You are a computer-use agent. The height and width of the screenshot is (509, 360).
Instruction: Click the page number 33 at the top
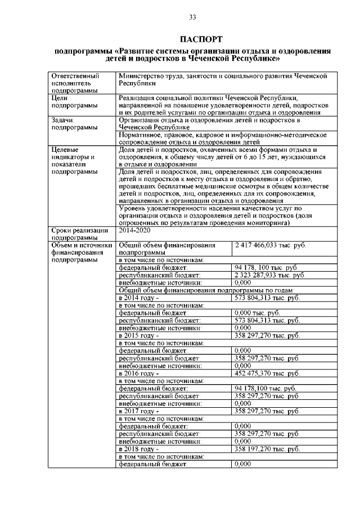pyautogui.click(x=192, y=17)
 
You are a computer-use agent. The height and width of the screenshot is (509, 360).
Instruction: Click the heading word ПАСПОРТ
pyautogui.click(x=192, y=39)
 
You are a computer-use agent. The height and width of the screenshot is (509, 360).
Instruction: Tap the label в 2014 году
pyautogui.click(x=139, y=297)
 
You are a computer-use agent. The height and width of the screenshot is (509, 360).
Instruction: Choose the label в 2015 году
pyautogui.click(x=139, y=335)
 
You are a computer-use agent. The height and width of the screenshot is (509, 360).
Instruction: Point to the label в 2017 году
pyautogui.click(x=139, y=412)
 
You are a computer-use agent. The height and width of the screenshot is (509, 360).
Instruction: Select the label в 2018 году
pyautogui.click(x=139, y=449)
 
